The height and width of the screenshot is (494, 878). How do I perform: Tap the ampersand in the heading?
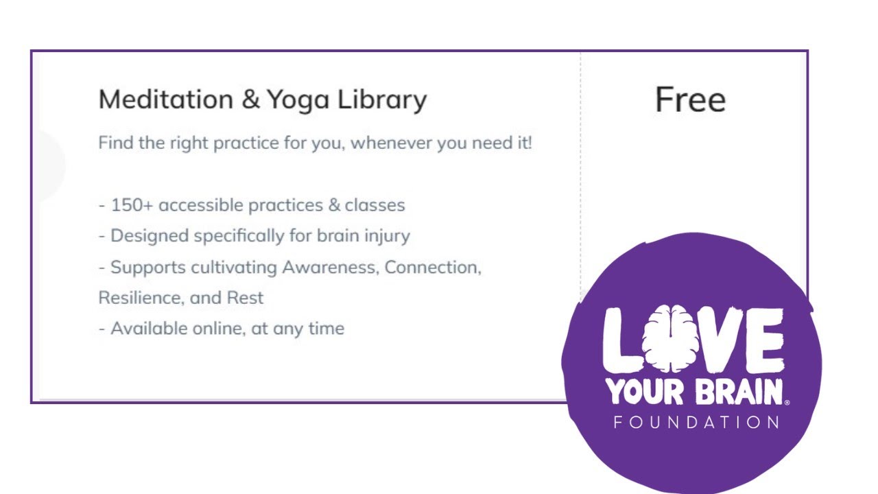coord(251,100)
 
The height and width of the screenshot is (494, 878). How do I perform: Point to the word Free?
coord(690,100)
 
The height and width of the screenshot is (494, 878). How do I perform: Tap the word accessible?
coord(201,205)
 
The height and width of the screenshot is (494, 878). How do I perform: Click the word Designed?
coord(150,236)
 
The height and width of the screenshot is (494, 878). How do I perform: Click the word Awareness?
coord(330,267)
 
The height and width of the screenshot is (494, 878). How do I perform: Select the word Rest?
coord(247,298)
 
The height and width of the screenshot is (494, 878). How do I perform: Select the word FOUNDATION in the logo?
coord(696,422)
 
